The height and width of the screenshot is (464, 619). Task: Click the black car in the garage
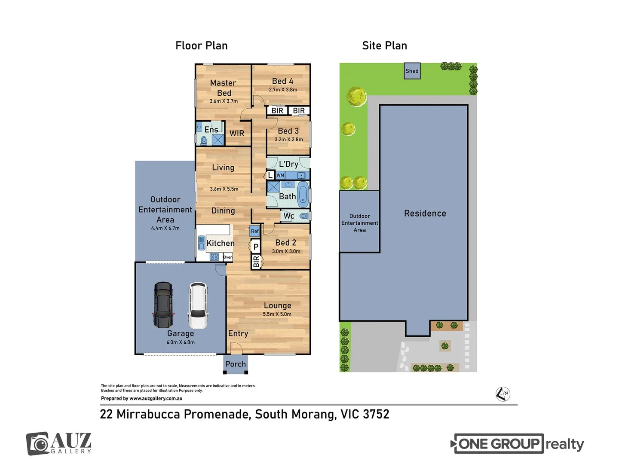pos(163,305)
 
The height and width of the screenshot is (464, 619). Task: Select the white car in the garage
pos(198,305)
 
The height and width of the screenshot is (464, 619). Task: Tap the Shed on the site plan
pos(412,71)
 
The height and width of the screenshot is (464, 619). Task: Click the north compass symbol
pos(503,394)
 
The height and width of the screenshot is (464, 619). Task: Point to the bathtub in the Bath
pos(303,194)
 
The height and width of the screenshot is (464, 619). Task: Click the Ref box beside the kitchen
pos(255,231)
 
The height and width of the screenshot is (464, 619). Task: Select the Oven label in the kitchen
pos(228,257)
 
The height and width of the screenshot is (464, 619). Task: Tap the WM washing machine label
pos(280,175)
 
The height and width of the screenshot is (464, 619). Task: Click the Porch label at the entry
pos(236,364)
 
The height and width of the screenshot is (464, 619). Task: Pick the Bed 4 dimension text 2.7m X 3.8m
pos(283,90)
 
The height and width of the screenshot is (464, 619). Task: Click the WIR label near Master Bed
pos(237,133)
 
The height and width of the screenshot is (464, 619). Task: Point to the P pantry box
pos(256,247)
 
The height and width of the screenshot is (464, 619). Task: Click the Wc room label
pos(289,216)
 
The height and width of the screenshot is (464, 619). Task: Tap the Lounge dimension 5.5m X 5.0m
pos(277,314)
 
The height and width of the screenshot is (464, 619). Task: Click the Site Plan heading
pos(384,46)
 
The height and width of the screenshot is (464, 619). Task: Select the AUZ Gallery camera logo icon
pos(38,443)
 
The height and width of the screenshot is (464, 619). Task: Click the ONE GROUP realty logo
pos(518,444)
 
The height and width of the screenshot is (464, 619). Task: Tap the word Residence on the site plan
pos(425,214)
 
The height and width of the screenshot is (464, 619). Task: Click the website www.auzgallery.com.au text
pos(156,398)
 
